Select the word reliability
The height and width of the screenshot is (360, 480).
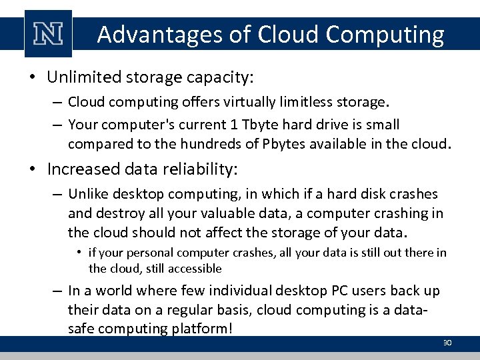tap(197, 169)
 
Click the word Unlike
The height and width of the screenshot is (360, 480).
tap(89, 194)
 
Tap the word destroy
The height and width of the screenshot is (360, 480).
tap(120, 213)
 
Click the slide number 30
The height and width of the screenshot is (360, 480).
tap(447, 343)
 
